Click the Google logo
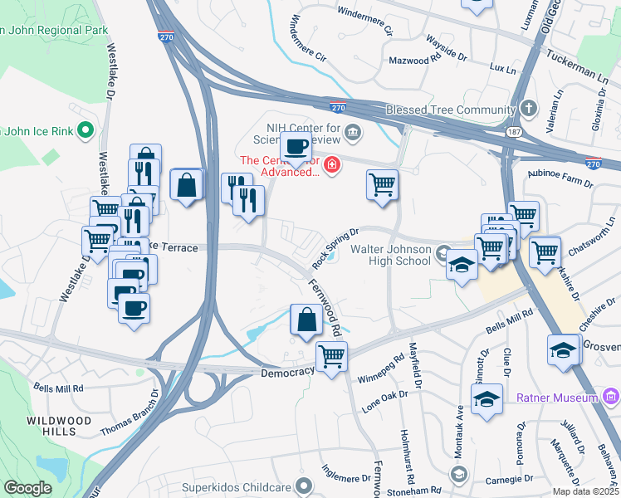[27, 488]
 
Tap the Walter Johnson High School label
[391, 255]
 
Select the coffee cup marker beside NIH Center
[296, 147]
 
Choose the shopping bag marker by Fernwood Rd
[306, 319]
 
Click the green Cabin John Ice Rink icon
[83, 130]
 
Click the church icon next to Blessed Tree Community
[531, 110]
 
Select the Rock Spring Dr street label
[335, 248]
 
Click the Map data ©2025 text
[584, 491]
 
